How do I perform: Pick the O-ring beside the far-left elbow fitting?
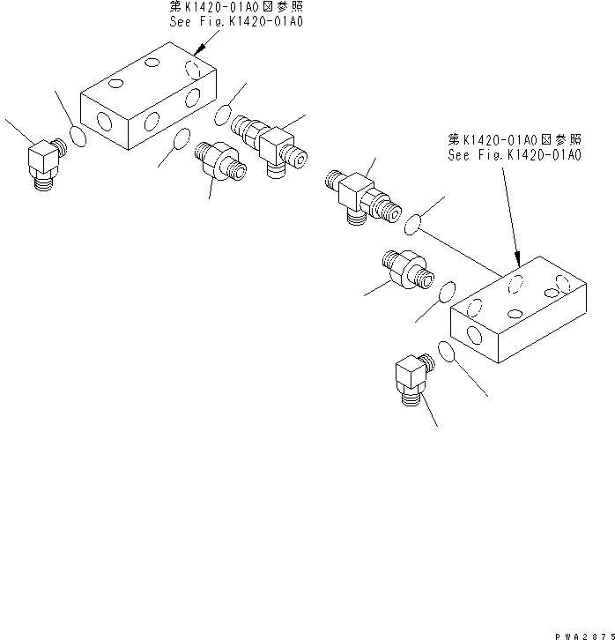pos(78,138)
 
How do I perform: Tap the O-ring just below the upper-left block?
pos(182,138)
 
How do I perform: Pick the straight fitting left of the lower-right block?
pos(405,266)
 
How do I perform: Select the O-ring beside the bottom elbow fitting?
pos(446,353)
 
